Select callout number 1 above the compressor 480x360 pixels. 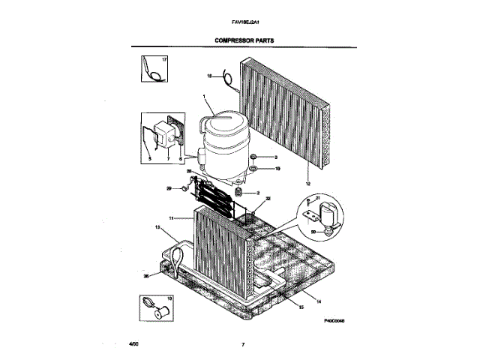[x=204, y=96]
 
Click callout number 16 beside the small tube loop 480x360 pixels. [x=209, y=75]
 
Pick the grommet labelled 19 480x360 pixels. [x=255, y=170]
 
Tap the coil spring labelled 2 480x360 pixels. [x=240, y=193]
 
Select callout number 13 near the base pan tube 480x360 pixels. [x=157, y=226]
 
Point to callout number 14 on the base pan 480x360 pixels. [x=318, y=301]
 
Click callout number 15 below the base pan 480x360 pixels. [x=301, y=307]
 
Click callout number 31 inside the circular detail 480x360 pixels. [x=317, y=198]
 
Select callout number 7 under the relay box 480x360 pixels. [x=168, y=160]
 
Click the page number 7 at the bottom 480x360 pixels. [x=243, y=344]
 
